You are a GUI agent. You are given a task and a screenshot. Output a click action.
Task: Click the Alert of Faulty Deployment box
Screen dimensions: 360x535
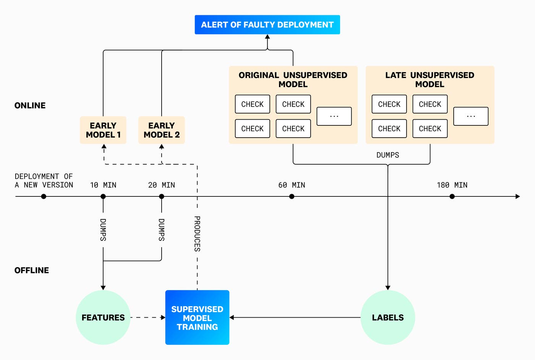[267, 25]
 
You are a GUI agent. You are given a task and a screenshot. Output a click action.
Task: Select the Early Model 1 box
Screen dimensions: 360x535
[103, 130]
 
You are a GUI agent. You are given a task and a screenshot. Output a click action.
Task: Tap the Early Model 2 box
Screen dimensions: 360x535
[162, 130]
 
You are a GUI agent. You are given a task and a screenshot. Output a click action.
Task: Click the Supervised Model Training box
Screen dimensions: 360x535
[197, 318]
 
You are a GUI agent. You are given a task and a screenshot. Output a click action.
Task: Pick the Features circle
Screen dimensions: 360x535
[103, 318]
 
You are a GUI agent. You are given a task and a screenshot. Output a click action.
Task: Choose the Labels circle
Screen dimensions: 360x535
[387, 318]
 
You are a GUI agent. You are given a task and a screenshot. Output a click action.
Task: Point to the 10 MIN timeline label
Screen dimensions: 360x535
[103, 185]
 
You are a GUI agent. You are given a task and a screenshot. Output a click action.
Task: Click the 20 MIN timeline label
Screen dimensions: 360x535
[162, 185]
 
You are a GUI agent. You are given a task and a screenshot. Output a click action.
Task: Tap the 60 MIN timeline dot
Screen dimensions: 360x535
[292, 196]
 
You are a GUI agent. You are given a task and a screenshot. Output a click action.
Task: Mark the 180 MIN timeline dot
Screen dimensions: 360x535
[452, 196]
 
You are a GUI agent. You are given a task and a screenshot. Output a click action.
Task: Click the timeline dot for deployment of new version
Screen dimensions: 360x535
[44, 196]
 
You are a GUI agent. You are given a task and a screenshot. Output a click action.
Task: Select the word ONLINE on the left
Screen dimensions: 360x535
[30, 105]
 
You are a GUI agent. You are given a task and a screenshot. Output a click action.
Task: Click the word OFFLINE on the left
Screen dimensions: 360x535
[32, 271]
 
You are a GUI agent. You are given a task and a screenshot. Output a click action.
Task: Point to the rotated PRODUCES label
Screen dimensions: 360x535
[197, 234]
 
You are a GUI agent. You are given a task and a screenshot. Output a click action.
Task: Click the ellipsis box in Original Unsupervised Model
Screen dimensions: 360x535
[334, 116]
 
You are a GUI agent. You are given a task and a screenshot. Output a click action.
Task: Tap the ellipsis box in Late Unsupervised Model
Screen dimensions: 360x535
[471, 116]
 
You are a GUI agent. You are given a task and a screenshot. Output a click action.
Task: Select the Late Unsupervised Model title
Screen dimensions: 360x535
[430, 79]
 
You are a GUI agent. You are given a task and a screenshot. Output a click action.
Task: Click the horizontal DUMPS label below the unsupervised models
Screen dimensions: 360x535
[387, 155]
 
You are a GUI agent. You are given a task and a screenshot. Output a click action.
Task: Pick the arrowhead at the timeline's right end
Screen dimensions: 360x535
[517, 196]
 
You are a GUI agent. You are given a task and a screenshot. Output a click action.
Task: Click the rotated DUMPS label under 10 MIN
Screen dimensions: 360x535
[103, 230]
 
